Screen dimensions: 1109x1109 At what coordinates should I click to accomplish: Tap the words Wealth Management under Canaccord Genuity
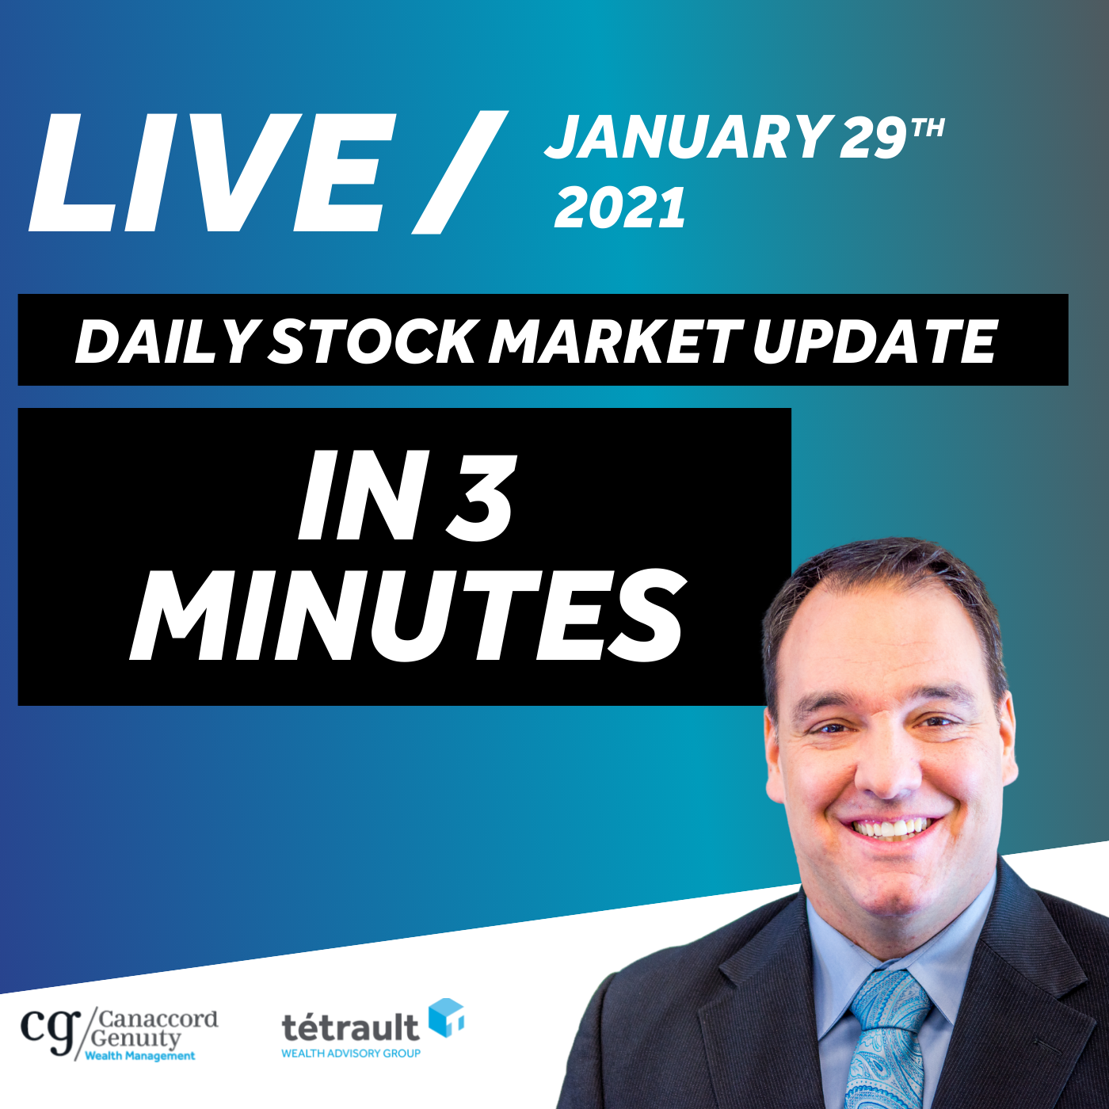click(140, 1055)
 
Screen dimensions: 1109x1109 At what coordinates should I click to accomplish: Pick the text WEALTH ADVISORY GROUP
click(350, 1054)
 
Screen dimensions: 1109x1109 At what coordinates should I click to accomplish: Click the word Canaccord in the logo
click(159, 1019)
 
